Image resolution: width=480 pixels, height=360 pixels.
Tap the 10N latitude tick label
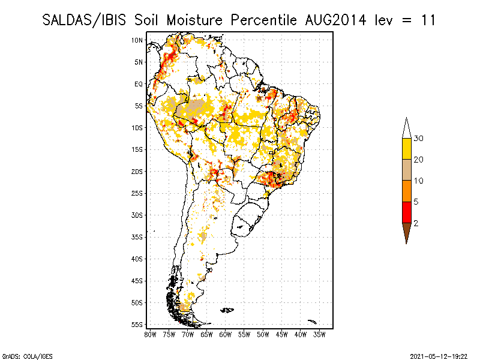137,40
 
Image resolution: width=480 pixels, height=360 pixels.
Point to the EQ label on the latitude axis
138,84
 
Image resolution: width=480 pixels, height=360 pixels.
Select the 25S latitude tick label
137,193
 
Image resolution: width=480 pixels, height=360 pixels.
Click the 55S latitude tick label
137,325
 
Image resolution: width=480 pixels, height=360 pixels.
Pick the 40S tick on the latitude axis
137,259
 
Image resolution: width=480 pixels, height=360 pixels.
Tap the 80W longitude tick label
150,334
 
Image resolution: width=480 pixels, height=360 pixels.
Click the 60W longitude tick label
226,334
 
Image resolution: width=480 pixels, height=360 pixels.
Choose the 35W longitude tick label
320,334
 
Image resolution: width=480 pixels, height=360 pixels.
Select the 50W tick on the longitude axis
263,334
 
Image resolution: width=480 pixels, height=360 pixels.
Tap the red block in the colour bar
406,212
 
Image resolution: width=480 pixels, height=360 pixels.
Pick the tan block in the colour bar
406,170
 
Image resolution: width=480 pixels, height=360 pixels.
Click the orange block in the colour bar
406,191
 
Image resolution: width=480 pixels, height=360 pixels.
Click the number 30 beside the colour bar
419,139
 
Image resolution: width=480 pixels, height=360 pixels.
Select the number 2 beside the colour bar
416,223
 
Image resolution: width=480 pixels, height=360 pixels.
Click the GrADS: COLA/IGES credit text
19,356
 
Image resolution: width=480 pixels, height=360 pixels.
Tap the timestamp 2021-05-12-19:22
438,356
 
